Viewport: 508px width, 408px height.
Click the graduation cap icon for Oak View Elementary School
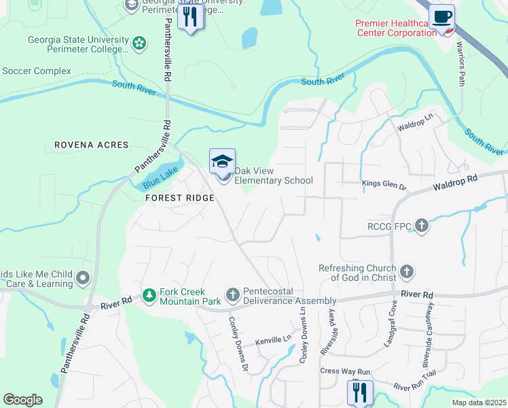[x=222, y=162]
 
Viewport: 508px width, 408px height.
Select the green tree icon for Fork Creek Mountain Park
[x=149, y=295]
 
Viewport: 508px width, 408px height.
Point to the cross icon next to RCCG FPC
[x=421, y=225]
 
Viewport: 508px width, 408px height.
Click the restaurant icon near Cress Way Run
[x=360, y=392]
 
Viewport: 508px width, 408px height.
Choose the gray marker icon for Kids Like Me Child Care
[x=83, y=277]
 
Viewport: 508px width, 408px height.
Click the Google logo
[x=22, y=400]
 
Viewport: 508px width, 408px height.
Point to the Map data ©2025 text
[x=478, y=403]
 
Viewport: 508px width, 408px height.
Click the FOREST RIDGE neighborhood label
[x=179, y=198]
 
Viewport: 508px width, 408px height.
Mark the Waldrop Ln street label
[x=416, y=126]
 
